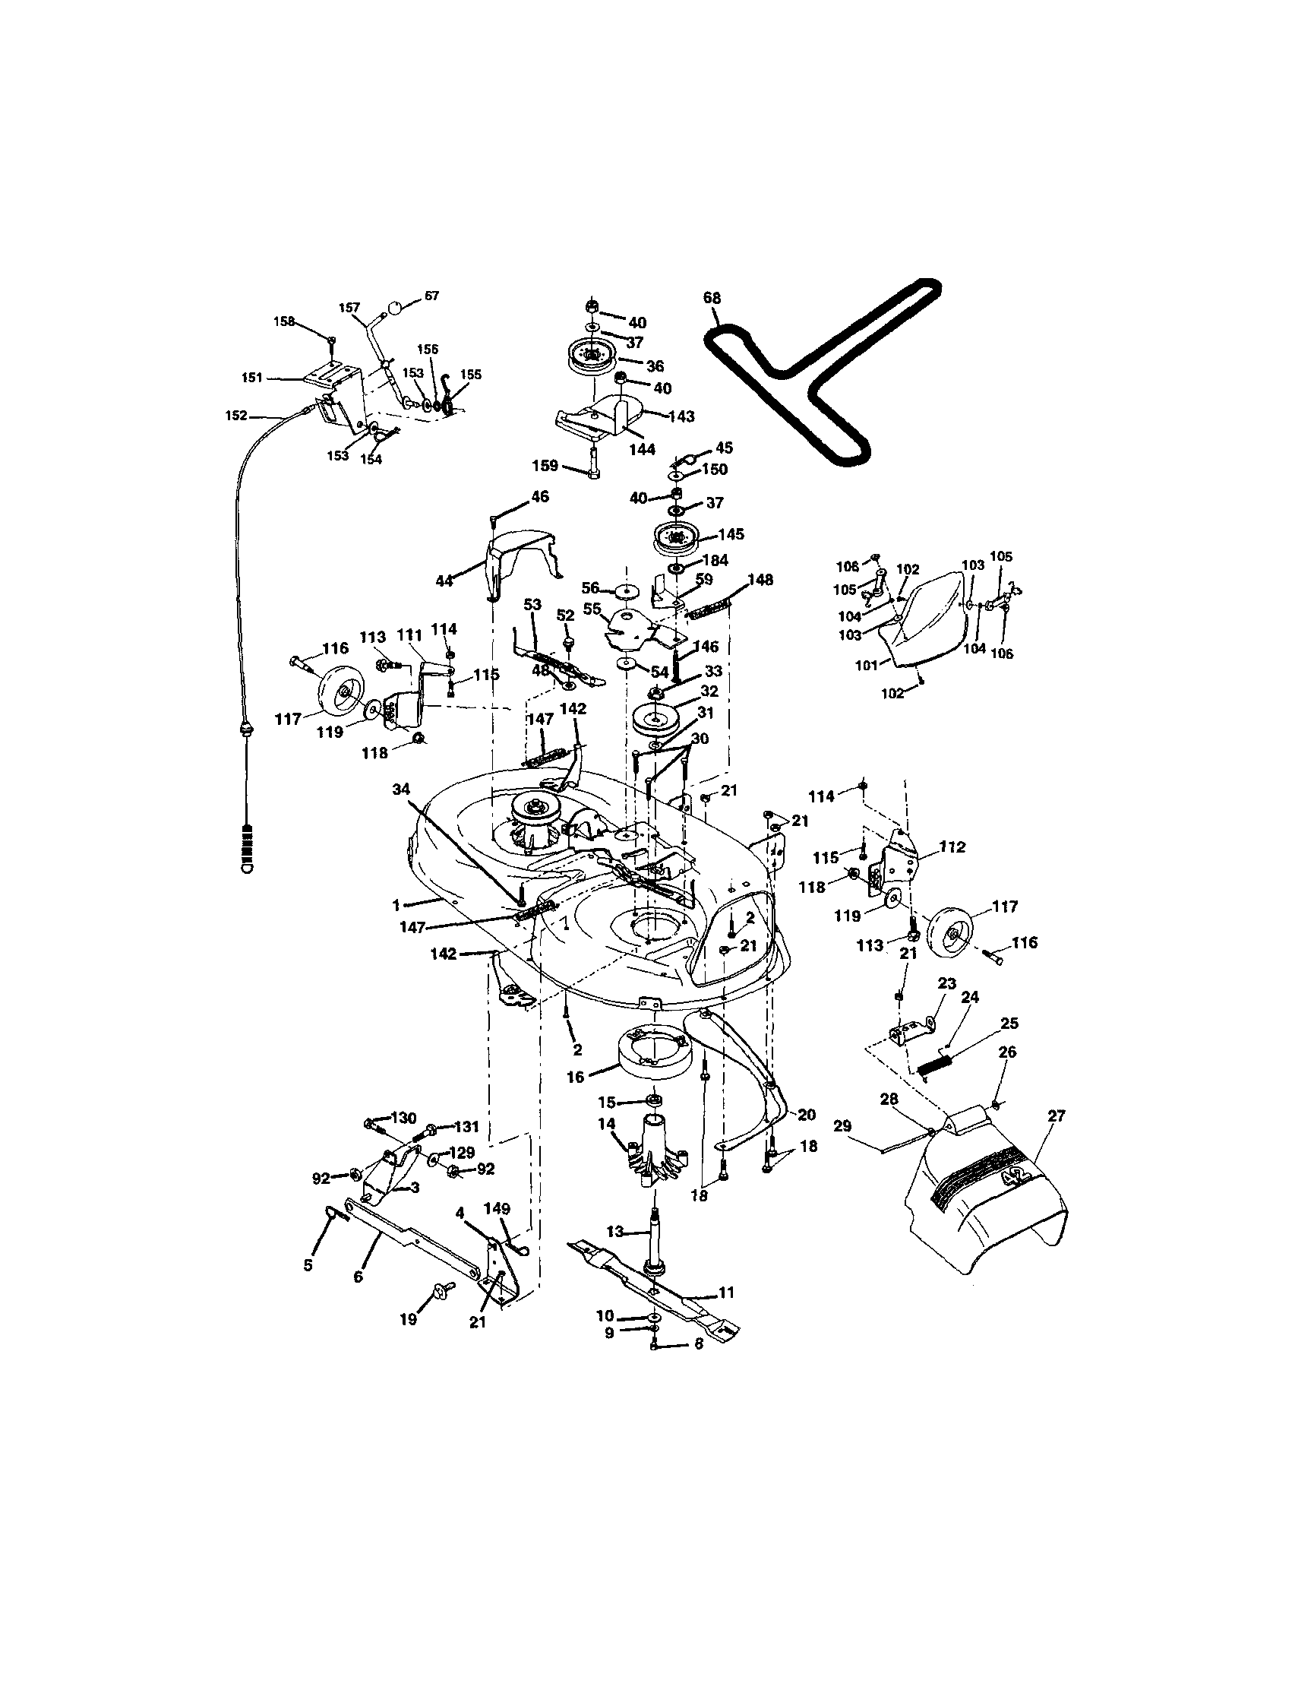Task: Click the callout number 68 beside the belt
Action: click(711, 297)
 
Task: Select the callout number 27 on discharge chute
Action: click(1056, 1115)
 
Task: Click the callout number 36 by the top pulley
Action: click(655, 366)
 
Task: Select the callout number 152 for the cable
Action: click(235, 416)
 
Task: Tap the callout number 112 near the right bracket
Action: click(952, 847)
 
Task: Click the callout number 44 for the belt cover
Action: click(444, 580)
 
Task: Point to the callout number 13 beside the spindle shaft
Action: click(614, 1232)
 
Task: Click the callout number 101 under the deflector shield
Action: click(865, 665)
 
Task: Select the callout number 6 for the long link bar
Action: click(358, 1276)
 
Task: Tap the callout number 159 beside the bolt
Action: click(545, 466)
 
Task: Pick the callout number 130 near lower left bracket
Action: click(403, 1117)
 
